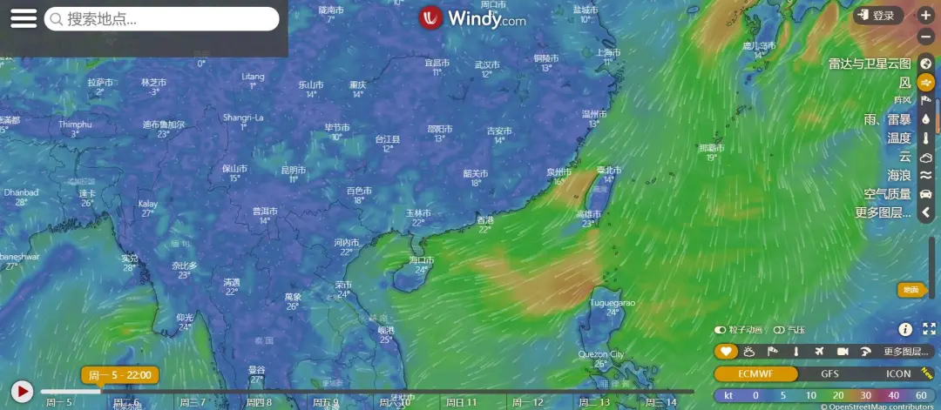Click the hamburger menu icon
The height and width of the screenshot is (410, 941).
coord(24,18)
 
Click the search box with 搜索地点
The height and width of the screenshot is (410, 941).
coord(162,19)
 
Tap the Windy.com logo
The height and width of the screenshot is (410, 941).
coord(472,18)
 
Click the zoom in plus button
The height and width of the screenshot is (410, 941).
coord(925,16)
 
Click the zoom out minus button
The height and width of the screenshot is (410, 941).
coord(925,37)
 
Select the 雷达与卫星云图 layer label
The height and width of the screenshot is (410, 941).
coord(870,64)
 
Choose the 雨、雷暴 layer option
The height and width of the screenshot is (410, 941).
coord(887,119)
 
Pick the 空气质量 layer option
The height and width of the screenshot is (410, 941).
coord(887,194)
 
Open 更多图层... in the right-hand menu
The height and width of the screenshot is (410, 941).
coord(883,212)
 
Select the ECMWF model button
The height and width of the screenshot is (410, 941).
coord(755,373)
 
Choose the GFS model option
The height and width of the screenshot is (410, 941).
coord(830,373)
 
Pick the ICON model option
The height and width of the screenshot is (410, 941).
coord(897,373)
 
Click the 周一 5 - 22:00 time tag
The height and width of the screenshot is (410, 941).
coord(120,375)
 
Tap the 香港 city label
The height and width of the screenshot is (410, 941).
coord(485,220)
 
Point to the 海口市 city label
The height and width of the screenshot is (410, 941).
coord(421,260)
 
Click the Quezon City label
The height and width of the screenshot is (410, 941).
coord(601,354)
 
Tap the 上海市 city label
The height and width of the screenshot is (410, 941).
coord(608,52)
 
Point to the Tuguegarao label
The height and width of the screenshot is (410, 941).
coord(613,302)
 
